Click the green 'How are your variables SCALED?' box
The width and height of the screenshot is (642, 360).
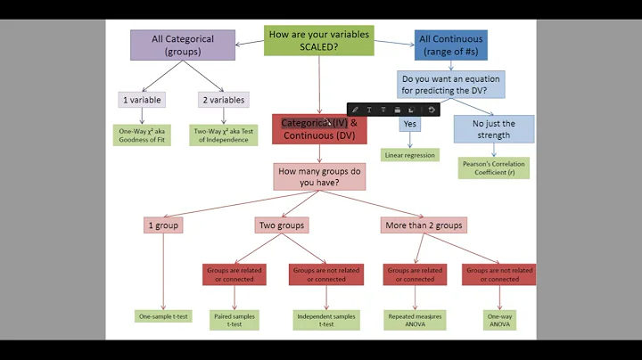pos(318,39)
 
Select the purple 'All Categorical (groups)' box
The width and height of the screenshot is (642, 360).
pos(183,45)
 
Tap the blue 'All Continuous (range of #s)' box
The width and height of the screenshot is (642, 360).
pos(450,45)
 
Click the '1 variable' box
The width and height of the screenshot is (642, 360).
pos(142,100)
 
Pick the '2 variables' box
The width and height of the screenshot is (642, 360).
pos(223,100)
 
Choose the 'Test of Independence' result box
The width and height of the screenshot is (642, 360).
pos(223,135)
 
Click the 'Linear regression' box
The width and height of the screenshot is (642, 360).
pos(409,155)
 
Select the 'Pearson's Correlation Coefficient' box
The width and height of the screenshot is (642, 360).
pos(493,168)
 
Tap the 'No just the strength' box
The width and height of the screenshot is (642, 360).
pos(493,129)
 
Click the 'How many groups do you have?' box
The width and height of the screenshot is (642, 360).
pos(319,176)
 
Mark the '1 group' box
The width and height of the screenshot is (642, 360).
pos(162,225)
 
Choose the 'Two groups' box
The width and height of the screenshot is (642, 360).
pos(281,225)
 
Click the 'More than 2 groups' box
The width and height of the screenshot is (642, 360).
pos(424,225)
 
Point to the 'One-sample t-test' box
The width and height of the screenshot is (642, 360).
pos(163,316)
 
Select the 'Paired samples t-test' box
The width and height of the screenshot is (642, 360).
pos(235,320)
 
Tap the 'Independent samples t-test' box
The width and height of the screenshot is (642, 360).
pos(325,320)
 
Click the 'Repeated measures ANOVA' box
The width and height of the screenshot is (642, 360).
pos(416,320)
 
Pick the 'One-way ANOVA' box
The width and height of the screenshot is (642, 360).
pos(499,320)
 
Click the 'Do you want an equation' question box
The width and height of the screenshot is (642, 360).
pos(438,84)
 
